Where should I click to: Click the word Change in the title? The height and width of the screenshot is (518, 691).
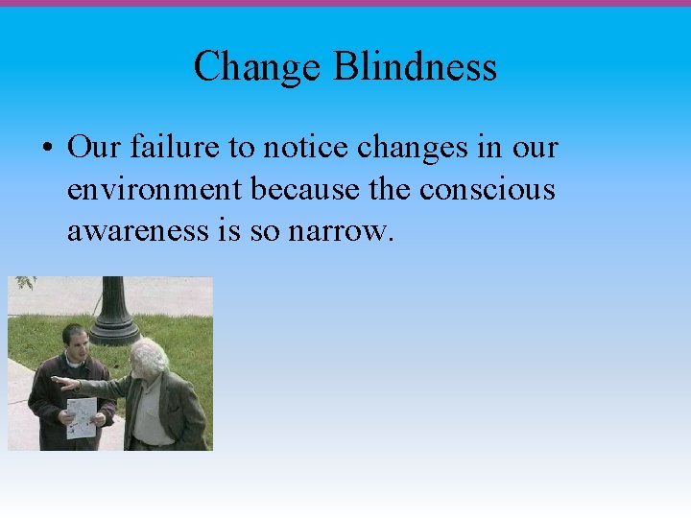click(x=257, y=67)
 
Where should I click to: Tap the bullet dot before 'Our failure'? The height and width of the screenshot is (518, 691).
click(x=46, y=150)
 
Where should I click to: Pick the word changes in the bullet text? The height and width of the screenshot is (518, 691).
click(x=401, y=150)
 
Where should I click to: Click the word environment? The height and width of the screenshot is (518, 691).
click(x=155, y=190)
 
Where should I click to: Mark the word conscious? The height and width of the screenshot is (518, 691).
click(x=488, y=190)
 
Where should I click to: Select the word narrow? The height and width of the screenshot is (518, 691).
click(x=341, y=230)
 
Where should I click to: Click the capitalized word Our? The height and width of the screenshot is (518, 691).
click(x=92, y=148)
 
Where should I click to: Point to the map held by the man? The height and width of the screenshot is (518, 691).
click(x=82, y=417)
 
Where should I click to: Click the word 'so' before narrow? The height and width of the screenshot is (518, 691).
click(x=269, y=230)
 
